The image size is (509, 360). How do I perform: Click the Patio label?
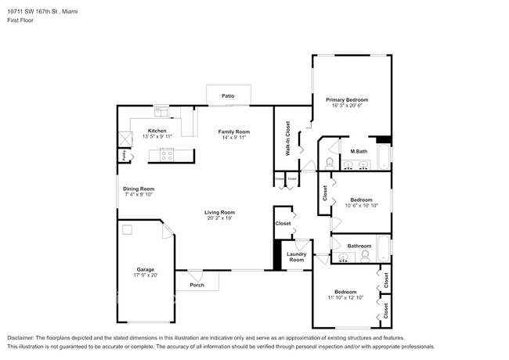click(x=228, y=96)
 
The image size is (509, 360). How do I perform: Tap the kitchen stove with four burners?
click(x=167, y=154)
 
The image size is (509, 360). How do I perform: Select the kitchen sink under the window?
click(x=161, y=110)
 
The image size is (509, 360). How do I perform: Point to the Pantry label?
click(x=125, y=154)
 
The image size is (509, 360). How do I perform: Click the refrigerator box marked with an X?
click(x=125, y=138)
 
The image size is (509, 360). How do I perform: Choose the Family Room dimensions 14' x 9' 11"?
click(x=233, y=137)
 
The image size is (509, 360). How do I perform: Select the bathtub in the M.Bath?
click(x=382, y=157)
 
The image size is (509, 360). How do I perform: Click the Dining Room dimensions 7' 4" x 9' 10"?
click(x=139, y=195)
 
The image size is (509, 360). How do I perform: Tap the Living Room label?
click(x=220, y=212)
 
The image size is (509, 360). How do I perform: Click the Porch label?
click(x=197, y=285)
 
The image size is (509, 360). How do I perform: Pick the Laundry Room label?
click(x=296, y=257)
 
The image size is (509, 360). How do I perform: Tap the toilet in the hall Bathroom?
click(x=365, y=255)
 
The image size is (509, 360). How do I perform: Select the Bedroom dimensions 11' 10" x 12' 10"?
click(x=345, y=298)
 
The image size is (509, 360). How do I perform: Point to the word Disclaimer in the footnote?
click(x=23, y=338)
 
